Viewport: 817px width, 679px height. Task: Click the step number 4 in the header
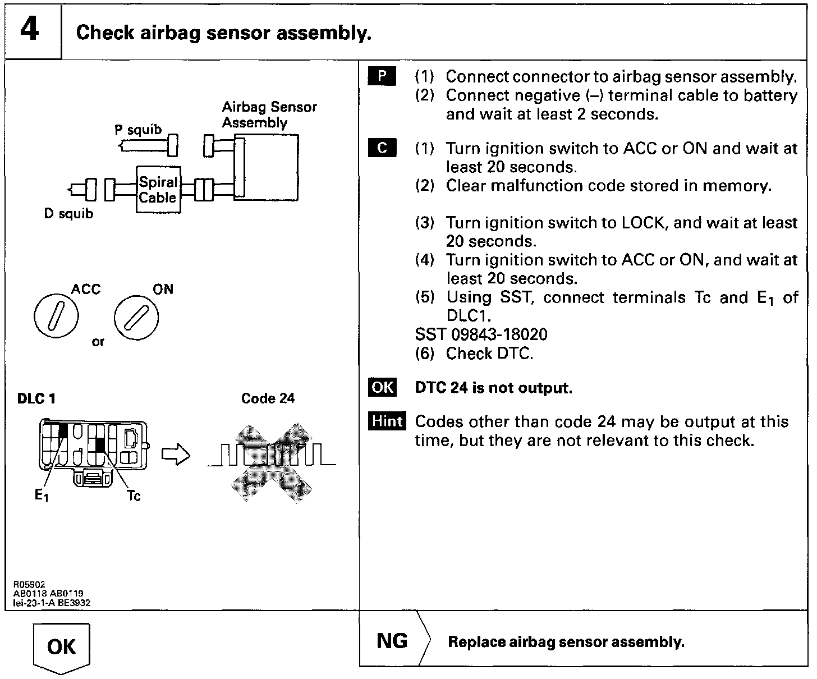[x=30, y=30]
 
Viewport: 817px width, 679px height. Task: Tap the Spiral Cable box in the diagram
[x=158, y=190]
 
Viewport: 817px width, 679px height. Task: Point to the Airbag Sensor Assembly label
[x=269, y=114]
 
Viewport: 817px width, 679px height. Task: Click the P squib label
[x=138, y=130]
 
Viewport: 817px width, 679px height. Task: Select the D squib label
[x=68, y=214]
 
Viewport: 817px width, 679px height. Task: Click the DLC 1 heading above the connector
[x=37, y=399]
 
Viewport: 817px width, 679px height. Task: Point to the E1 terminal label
[x=42, y=496]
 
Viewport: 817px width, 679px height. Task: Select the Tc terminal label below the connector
[x=134, y=496]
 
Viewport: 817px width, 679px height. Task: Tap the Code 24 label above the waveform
[x=268, y=398]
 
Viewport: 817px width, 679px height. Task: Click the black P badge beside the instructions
[x=382, y=76]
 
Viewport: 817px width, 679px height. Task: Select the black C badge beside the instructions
[x=382, y=148]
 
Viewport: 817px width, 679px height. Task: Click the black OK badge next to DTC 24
[x=382, y=388]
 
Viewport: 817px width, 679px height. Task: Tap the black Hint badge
[x=387, y=421]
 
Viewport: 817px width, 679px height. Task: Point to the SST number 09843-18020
[x=481, y=335]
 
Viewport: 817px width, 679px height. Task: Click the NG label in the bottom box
[x=392, y=641]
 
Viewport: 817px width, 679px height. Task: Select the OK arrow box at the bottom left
[x=62, y=647]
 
